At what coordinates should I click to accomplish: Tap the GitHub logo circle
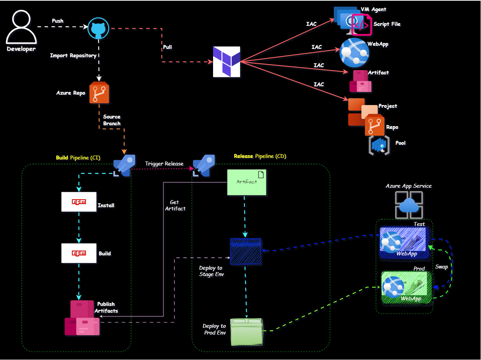click(x=98, y=28)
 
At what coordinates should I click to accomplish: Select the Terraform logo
click(x=227, y=62)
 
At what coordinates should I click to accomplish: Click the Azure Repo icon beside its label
click(x=99, y=93)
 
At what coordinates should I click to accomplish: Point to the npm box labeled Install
click(x=79, y=202)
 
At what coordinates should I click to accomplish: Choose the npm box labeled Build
click(x=79, y=253)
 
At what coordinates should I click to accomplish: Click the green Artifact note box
click(x=246, y=182)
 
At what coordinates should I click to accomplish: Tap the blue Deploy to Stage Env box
click(x=246, y=251)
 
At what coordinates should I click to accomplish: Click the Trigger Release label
click(x=164, y=164)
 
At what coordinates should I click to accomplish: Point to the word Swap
click(x=442, y=267)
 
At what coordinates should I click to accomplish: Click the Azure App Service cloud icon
click(x=409, y=204)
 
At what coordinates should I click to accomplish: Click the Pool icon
click(x=379, y=145)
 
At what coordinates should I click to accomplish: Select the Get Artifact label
click(x=175, y=205)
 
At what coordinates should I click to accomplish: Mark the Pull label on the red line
click(x=168, y=47)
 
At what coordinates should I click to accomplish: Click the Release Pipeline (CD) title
click(x=260, y=156)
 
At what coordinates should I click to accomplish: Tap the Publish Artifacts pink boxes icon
click(x=82, y=318)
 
